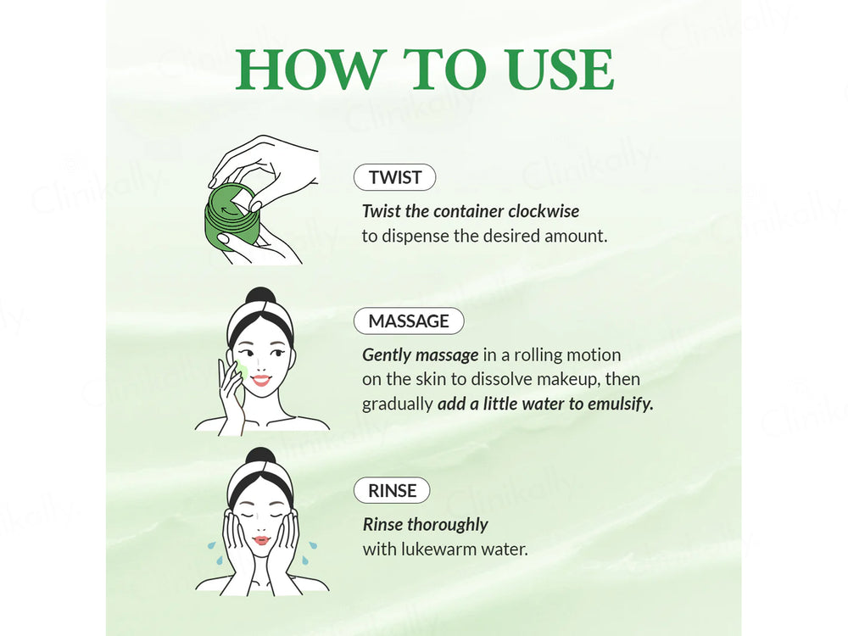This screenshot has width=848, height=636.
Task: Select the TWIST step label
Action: (x=393, y=177)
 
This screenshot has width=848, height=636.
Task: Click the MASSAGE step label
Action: (x=408, y=321)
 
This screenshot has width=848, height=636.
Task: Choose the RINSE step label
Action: (x=392, y=490)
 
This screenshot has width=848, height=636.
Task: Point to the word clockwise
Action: (x=543, y=210)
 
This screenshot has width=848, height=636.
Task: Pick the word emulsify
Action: (x=617, y=404)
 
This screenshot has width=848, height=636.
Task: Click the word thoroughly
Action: (x=449, y=524)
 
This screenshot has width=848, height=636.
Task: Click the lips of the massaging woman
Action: (x=260, y=381)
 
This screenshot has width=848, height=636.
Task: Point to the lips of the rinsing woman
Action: (x=261, y=540)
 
